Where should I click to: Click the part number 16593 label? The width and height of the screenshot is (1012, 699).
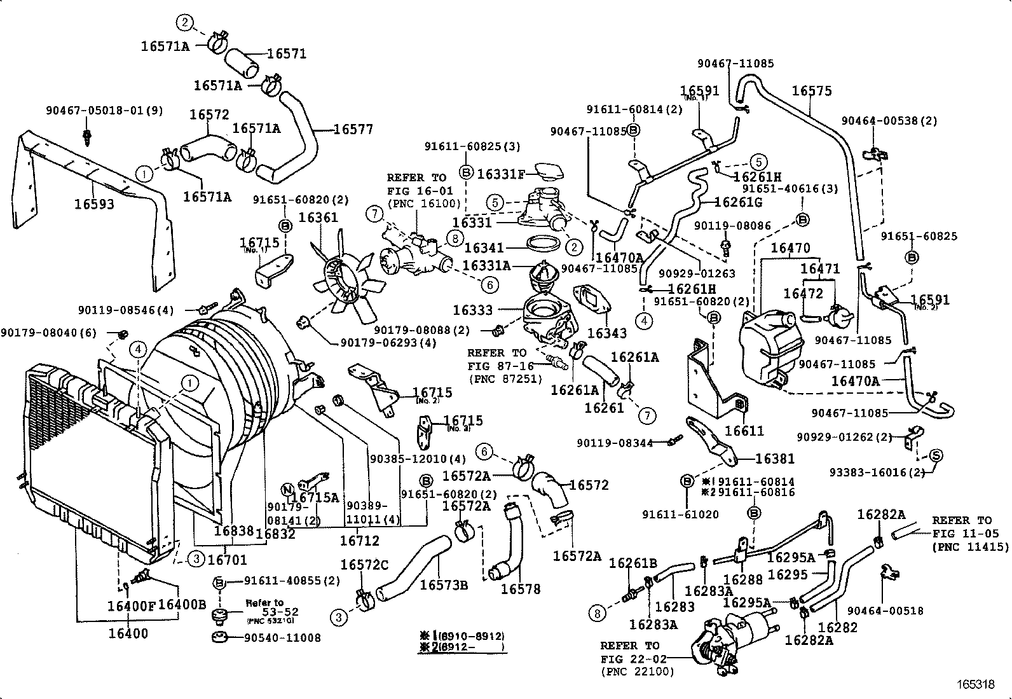[x=94, y=204]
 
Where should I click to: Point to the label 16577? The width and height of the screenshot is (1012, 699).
[x=353, y=130]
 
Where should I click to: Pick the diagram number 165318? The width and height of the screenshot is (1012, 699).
[x=976, y=684]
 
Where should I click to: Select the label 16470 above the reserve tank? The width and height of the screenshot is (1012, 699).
[x=790, y=248]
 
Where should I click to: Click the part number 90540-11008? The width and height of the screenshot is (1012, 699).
[x=282, y=637]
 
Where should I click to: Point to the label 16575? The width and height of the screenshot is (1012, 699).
[x=811, y=91]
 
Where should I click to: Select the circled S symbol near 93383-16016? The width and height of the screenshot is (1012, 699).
[x=935, y=455]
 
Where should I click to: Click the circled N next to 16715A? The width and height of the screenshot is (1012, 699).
[x=287, y=489]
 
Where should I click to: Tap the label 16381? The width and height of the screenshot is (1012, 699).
[x=774, y=459]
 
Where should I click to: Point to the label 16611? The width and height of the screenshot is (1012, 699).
[x=744, y=431]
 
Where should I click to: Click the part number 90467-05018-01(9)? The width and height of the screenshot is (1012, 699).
[x=104, y=111]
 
